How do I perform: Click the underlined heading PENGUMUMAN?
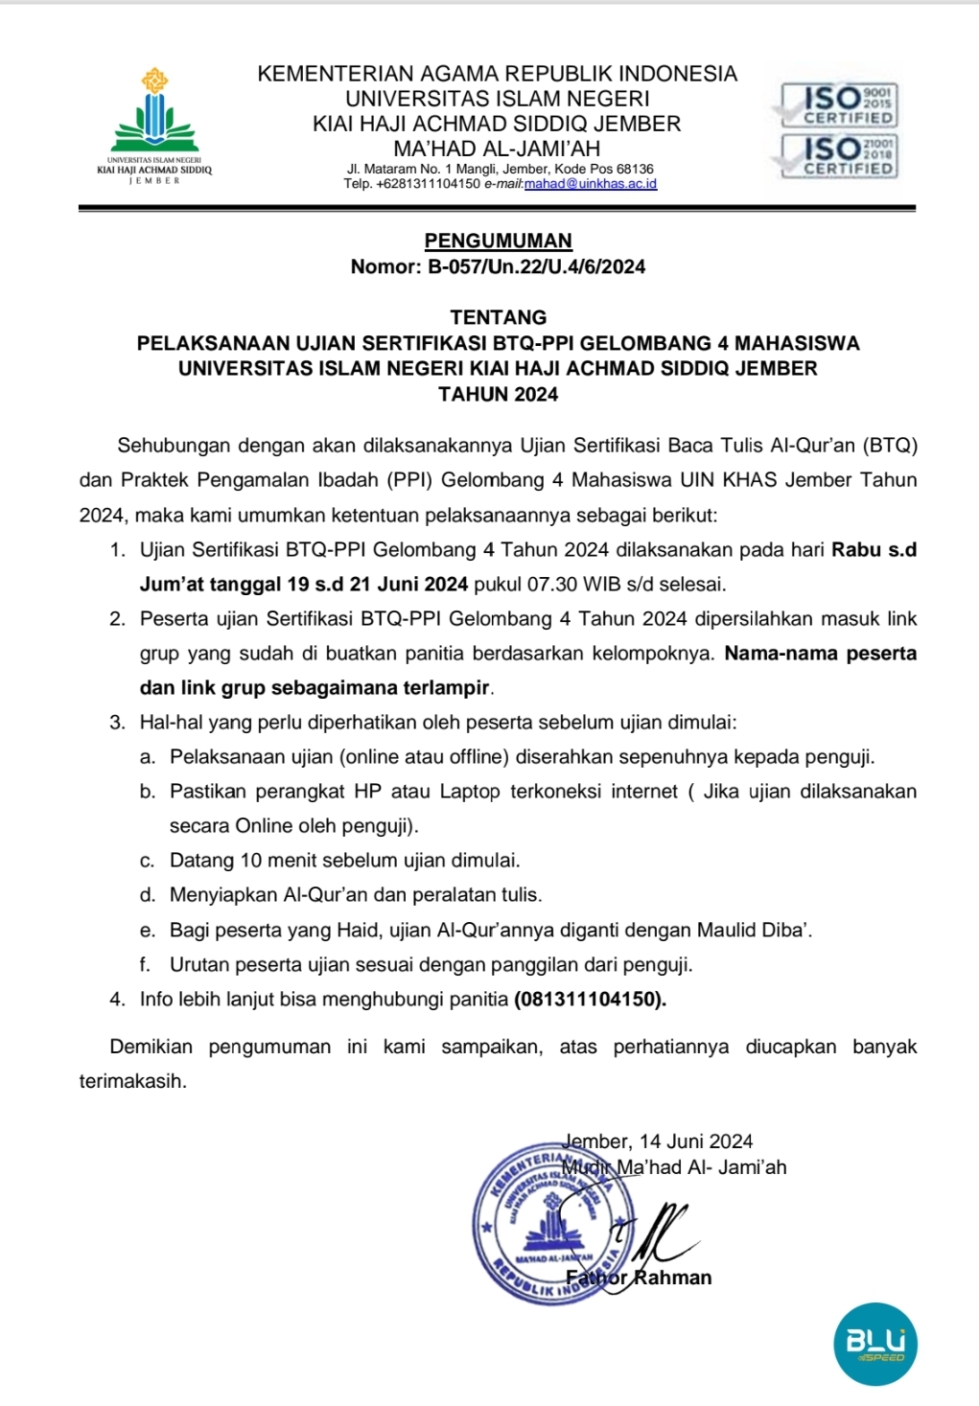click(498, 241)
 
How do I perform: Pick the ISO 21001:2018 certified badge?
click(838, 155)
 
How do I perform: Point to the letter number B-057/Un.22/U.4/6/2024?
click(536, 266)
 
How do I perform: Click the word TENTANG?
click(498, 317)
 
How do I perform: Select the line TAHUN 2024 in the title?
click(498, 394)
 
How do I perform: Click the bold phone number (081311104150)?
click(590, 999)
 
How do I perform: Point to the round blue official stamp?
click(553, 1221)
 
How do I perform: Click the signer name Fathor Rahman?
click(639, 1278)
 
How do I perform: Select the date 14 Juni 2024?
click(696, 1141)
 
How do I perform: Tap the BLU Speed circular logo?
click(874, 1343)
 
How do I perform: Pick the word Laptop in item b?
click(470, 792)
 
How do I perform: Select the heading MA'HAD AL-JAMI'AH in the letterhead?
click(497, 149)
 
